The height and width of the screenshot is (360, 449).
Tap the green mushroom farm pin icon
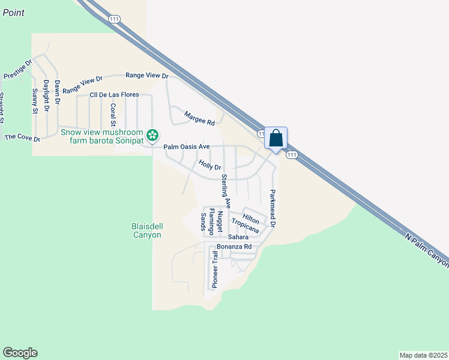(153, 134)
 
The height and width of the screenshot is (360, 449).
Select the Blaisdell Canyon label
(146, 230)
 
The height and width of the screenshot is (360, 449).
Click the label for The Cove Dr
(22, 138)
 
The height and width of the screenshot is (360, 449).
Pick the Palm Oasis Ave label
(187, 146)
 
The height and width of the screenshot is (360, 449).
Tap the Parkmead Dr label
(272, 208)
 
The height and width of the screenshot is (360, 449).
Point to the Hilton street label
(250, 218)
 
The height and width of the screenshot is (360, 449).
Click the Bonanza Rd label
(234, 247)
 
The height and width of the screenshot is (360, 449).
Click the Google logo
(20, 353)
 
